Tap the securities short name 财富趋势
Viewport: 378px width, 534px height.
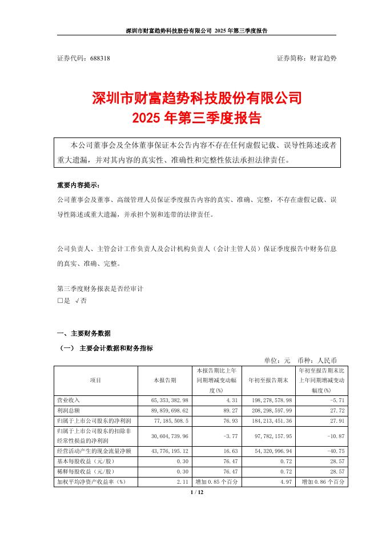(323, 58)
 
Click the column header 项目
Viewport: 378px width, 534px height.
(95, 380)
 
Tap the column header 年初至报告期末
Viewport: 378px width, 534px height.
(268, 380)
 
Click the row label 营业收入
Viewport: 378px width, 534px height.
(70, 401)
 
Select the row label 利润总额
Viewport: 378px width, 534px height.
(70, 411)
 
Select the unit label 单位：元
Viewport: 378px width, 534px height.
(278, 361)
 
